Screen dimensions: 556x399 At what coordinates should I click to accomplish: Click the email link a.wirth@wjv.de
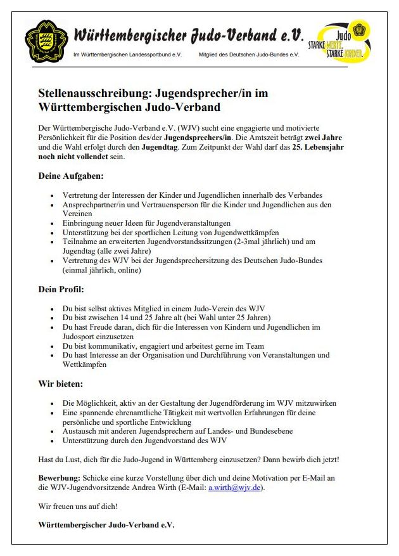(234, 488)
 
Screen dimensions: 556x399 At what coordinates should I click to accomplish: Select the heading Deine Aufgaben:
(71, 176)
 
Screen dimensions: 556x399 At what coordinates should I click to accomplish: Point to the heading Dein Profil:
(61, 290)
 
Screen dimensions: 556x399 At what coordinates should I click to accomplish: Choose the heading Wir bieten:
(61, 384)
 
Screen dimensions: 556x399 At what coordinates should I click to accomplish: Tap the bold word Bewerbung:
(59, 477)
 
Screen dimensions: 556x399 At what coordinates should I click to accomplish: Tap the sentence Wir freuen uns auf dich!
(78, 507)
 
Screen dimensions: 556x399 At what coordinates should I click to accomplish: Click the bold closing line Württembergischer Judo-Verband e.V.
(106, 525)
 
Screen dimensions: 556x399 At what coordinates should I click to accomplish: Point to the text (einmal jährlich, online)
(101, 270)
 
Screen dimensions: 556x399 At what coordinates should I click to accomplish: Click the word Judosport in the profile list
(82, 337)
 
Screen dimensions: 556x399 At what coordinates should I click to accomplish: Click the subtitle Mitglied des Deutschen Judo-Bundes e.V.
(248, 55)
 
